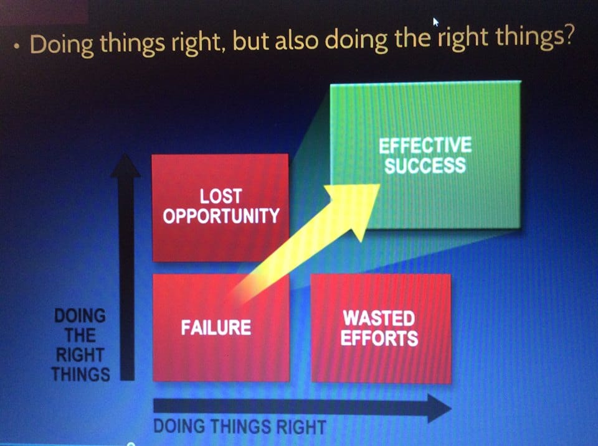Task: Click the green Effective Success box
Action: [x=425, y=154]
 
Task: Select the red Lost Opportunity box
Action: [x=221, y=208]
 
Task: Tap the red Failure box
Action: [x=221, y=328]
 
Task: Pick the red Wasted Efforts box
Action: [x=381, y=328]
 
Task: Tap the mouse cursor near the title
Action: [x=435, y=22]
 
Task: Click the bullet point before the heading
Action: [x=16, y=46]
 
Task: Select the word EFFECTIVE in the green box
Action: [x=425, y=146]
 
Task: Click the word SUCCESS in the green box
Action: [x=425, y=165]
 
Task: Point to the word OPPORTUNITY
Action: [x=221, y=216]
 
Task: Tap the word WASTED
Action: [x=379, y=318]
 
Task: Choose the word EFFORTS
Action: [x=379, y=338]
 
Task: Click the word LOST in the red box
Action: [x=221, y=197]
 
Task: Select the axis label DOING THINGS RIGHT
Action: [x=239, y=427]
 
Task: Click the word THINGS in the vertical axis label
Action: [x=81, y=374]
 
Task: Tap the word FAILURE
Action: [x=216, y=328]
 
